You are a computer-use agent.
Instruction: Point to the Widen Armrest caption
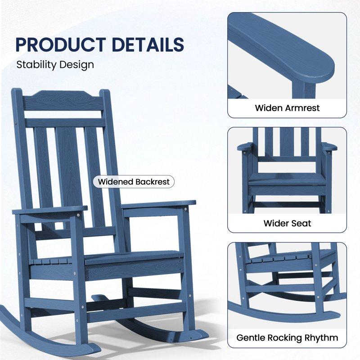pos(287,108)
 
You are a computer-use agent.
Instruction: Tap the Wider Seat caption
pos(287,223)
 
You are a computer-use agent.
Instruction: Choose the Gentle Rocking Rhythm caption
pos(287,337)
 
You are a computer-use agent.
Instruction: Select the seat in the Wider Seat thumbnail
pos(287,179)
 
